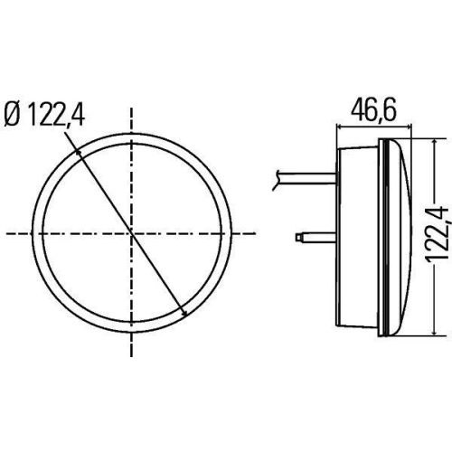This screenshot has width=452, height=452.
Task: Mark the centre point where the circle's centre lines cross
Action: (133, 234)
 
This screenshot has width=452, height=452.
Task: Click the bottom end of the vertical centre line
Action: (133, 359)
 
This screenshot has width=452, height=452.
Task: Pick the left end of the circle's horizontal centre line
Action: (7, 234)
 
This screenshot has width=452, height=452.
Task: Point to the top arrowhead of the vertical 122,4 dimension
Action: (438, 143)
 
